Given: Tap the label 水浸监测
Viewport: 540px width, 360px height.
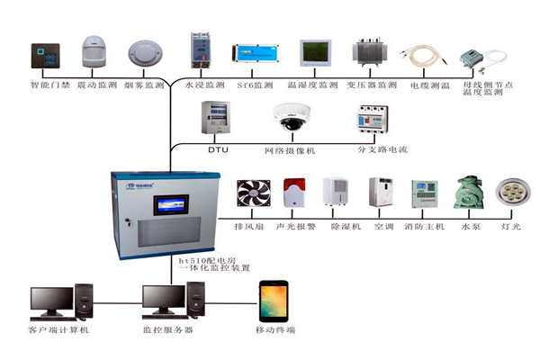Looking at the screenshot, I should pos(202,85).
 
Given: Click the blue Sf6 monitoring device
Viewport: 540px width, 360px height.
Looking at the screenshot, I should pos(251,52).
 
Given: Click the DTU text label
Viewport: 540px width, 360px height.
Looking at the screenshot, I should pos(219,149).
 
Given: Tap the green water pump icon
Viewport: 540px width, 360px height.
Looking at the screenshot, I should pos(467,193).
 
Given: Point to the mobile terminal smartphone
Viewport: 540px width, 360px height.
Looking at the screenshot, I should pos(274,301).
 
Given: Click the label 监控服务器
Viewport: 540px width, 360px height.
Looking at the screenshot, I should pos(168,330).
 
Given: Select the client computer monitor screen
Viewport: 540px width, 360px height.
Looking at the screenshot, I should pos(49,298).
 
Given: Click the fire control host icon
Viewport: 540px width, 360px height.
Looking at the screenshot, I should pos(424,195).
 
